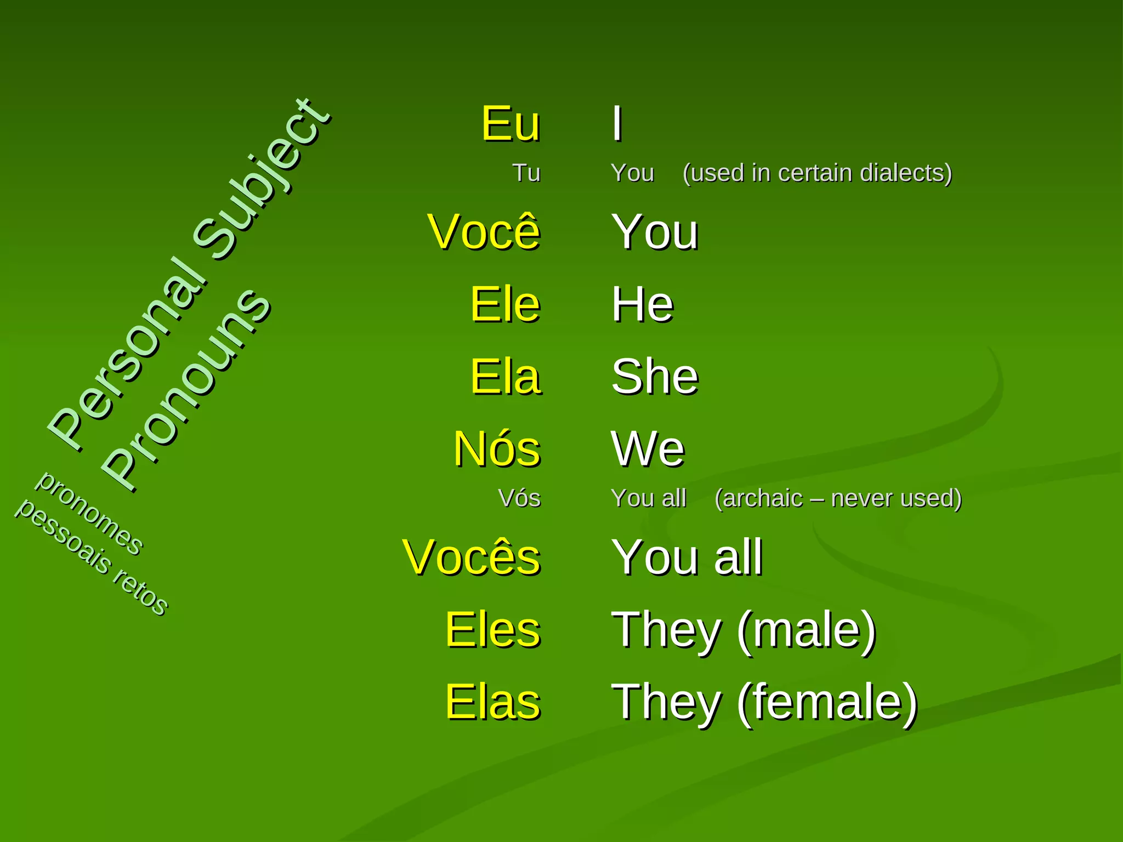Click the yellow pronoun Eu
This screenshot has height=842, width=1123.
pos(511,124)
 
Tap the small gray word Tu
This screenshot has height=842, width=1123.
pos(526,173)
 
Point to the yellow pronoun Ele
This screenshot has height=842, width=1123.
pos(505,304)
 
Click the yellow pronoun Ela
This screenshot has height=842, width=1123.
pos(505,377)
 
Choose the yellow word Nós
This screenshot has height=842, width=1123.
pos(497,449)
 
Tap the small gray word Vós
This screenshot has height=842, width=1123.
pos(519,498)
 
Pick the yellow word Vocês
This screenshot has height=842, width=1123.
pos(471,557)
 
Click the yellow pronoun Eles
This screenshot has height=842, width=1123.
pos(492,630)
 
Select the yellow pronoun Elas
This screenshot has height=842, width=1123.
pos(492,702)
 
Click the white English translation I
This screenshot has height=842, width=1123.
pos(617,124)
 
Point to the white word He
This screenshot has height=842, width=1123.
pos(643,304)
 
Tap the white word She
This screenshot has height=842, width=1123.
pos(655,377)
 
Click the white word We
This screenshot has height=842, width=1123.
pos(648,449)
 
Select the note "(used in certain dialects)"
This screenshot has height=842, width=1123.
pos(817,173)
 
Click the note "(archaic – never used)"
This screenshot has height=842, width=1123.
pos(838,498)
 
